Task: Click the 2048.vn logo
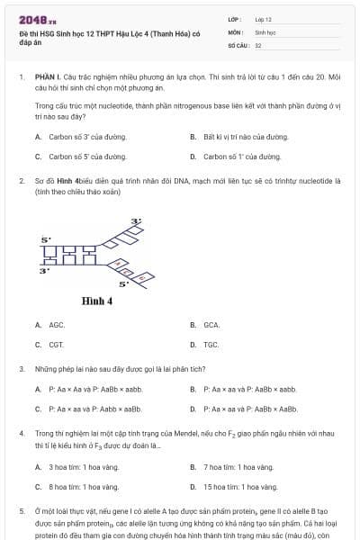tap(38, 20)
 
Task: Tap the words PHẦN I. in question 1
tap(49, 78)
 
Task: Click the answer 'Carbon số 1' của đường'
tap(242, 156)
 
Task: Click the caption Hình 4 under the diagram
tap(96, 301)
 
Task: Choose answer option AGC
tap(57, 325)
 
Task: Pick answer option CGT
tap(57, 344)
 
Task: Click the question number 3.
tap(21, 369)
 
